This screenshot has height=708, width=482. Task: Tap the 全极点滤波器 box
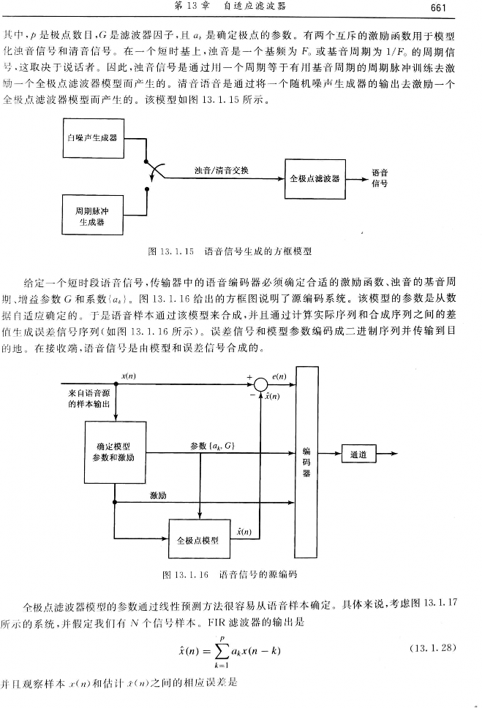(x=315, y=178)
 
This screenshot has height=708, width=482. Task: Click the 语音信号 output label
(x=380, y=178)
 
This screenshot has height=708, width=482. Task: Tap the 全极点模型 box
(x=198, y=540)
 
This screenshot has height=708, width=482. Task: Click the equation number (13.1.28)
(x=434, y=647)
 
